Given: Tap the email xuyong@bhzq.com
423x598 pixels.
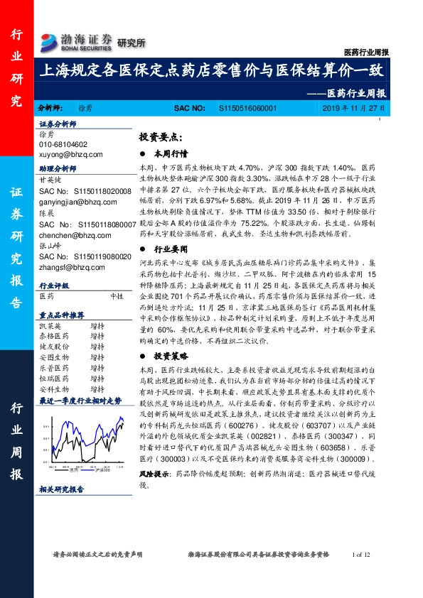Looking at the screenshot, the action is (x=71, y=153).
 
